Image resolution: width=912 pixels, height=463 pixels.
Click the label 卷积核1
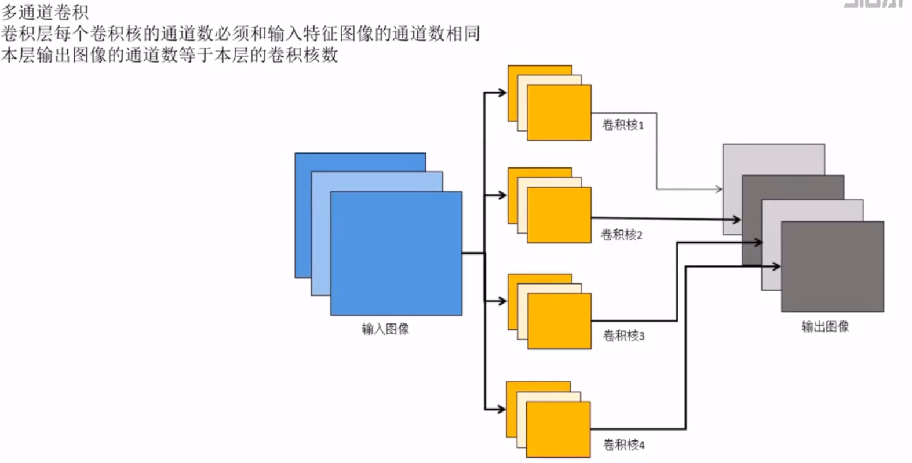coord(623,125)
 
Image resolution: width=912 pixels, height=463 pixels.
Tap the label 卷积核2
coord(621,235)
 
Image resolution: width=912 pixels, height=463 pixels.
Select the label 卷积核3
coord(623,336)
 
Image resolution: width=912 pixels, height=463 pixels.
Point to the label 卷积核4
coord(623,445)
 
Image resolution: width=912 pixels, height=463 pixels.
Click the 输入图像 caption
coord(385,329)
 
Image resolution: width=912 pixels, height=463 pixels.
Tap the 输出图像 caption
coord(825,327)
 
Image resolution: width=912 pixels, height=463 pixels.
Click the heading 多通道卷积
coord(45,12)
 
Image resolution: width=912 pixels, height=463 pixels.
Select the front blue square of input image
coord(396,253)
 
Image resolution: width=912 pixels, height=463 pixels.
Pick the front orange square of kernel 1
coord(559,112)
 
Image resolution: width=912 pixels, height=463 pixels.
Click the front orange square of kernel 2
coord(559,214)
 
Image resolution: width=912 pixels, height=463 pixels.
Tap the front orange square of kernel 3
coord(559,320)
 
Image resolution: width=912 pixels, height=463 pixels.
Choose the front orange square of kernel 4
coord(559,429)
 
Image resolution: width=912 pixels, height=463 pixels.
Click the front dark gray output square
coord(833,266)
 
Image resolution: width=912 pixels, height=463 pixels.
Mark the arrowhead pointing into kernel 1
coord(503,92)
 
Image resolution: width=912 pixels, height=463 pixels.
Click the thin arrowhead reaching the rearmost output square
coord(719,189)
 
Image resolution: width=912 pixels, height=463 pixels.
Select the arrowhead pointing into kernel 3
coord(503,301)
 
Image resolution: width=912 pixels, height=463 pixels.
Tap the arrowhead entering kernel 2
coord(503,195)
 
